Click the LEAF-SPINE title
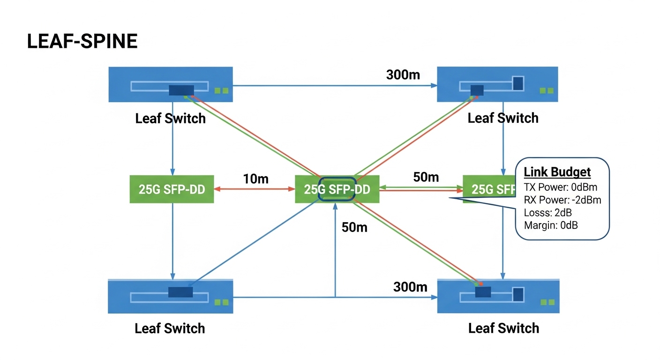(82, 42)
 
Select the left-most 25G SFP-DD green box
(172, 189)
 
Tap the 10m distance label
(255, 179)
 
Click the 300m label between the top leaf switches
(403, 74)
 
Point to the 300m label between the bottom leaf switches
(410, 286)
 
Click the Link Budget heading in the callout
(557, 172)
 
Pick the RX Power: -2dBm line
(562, 200)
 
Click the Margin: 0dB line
(551, 225)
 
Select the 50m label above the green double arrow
(426, 177)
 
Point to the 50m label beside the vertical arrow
(354, 227)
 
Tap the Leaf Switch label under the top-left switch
(170, 118)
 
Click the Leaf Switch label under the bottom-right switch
(503, 328)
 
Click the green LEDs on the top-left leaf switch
(221, 90)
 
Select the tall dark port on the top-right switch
(518, 83)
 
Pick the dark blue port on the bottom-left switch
(180, 292)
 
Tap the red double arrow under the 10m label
(254, 189)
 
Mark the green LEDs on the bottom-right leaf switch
(547, 302)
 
